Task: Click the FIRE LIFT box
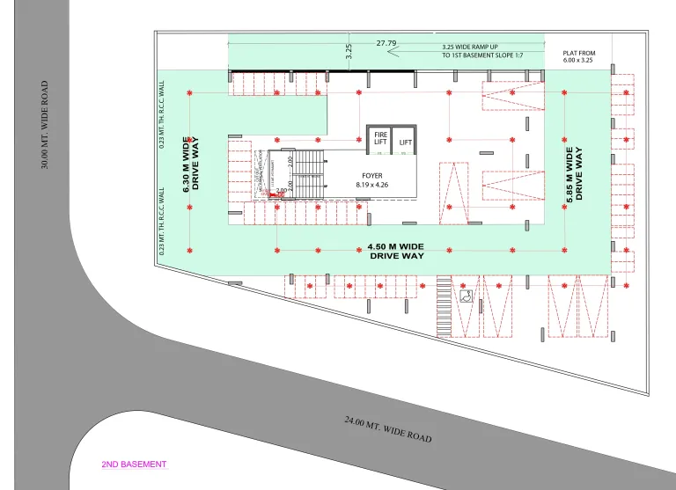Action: tap(379, 139)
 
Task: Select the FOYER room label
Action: tap(371, 176)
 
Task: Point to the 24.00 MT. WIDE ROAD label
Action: tap(387, 429)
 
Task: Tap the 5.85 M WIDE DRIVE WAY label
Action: tap(575, 174)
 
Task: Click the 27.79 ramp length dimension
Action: tap(386, 42)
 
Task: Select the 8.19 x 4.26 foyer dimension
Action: tap(371, 185)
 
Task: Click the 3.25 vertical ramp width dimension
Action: tap(349, 51)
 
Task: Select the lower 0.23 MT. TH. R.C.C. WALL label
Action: tap(162, 220)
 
